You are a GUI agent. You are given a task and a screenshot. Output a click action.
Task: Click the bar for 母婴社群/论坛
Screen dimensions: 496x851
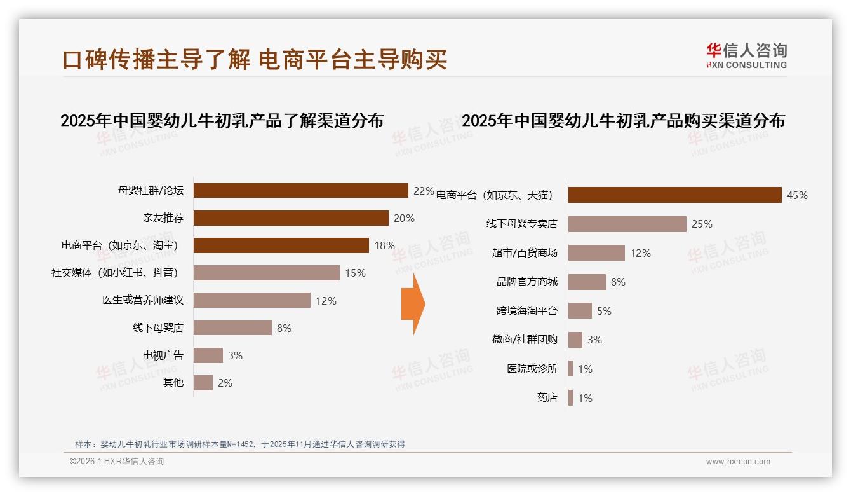(x=300, y=191)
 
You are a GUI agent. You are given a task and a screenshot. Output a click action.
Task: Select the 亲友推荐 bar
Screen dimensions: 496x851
(x=291, y=218)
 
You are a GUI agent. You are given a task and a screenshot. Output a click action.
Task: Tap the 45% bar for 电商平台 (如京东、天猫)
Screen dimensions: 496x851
(x=674, y=195)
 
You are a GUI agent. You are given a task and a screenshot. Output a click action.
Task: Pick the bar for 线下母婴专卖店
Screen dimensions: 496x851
(x=627, y=224)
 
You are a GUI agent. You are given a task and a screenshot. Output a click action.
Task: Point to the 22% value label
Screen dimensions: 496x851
(x=424, y=191)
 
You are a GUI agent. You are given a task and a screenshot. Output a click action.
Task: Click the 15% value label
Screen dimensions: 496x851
(x=355, y=273)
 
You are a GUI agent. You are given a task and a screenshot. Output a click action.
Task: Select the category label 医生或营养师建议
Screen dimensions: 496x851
(x=143, y=300)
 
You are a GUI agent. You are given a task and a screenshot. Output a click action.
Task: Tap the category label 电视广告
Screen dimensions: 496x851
(x=163, y=355)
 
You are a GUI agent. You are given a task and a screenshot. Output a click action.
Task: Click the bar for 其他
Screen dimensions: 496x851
(x=203, y=383)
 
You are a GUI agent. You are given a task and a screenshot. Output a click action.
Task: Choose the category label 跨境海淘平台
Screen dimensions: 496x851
(x=526, y=311)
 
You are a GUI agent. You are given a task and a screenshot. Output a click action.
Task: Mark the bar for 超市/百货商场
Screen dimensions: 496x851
(x=596, y=253)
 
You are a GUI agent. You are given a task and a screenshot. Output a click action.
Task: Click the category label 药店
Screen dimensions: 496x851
(x=547, y=397)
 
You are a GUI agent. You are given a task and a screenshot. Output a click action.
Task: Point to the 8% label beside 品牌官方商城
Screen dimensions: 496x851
(x=618, y=282)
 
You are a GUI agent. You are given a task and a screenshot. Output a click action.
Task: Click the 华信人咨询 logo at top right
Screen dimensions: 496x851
(x=746, y=55)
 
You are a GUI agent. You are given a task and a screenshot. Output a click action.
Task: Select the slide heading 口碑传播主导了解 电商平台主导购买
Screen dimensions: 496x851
(x=255, y=59)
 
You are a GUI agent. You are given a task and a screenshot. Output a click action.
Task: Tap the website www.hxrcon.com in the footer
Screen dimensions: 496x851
(x=738, y=462)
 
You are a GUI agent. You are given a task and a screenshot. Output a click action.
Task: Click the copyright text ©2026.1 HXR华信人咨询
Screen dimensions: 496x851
(x=117, y=462)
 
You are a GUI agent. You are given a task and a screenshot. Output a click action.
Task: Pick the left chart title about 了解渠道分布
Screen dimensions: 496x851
(x=222, y=121)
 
